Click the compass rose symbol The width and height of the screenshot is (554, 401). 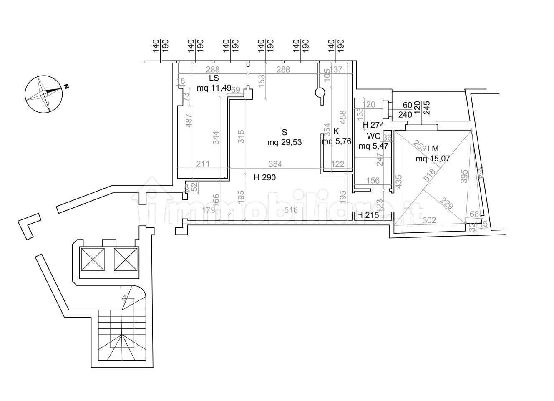coord(44,94)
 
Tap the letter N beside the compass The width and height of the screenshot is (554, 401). coord(66,86)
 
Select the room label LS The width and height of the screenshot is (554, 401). coord(214,78)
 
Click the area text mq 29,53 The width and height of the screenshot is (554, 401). coord(284,142)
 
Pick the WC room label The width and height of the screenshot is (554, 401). coord(373,136)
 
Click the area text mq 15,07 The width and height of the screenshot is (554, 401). coord(433,158)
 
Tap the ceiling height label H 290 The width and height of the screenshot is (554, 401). coord(265,177)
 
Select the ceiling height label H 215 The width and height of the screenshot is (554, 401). coord(368,215)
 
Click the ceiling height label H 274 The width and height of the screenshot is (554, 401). coord(373,124)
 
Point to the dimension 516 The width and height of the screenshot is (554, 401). coord(291,210)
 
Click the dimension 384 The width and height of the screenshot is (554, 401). coord(275,164)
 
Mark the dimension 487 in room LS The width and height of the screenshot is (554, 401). coord(189,121)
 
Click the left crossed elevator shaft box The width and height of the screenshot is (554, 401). coord(92,259)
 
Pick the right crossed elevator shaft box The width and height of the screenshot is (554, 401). coord(126,259)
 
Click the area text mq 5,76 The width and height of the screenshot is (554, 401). coord(336,141)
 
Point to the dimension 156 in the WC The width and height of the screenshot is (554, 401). coord(373,181)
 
